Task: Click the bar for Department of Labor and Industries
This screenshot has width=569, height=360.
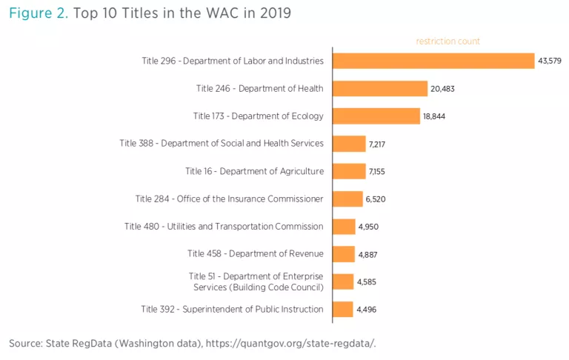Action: (433, 61)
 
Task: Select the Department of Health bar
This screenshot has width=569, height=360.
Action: (380, 89)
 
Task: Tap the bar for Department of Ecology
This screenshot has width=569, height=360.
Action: (376, 116)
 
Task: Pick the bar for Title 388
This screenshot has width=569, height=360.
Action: (349, 144)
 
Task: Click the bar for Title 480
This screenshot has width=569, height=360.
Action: (344, 227)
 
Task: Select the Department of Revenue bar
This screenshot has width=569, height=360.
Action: (344, 254)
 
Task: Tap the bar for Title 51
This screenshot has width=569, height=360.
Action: (343, 281)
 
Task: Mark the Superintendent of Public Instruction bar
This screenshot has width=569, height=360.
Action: (343, 309)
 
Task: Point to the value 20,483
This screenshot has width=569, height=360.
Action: (445, 89)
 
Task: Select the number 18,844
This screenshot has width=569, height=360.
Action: (437, 116)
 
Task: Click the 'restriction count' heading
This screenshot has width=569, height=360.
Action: (448, 41)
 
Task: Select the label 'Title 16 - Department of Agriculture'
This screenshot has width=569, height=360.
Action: (254, 171)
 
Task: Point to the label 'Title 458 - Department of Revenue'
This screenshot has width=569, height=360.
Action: (256, 254)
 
